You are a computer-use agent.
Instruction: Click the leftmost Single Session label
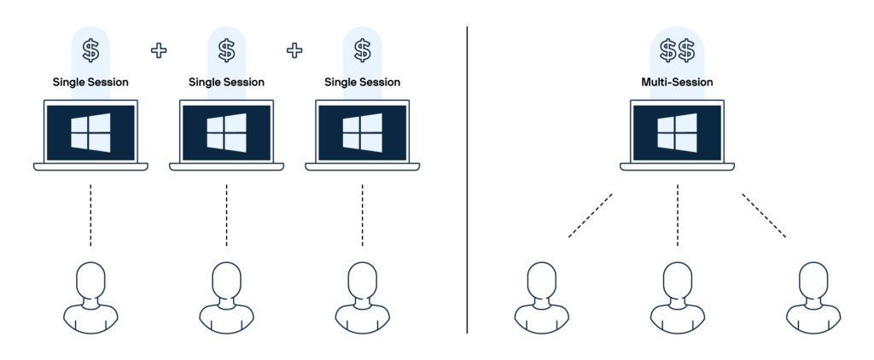(90, 83)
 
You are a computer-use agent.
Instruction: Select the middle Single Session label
(226, 83)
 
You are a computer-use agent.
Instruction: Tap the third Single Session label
(362, 83)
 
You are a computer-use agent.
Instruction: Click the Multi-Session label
(677, 83)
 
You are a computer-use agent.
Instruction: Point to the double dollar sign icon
(677, 51)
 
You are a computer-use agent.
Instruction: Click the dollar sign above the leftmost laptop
(90, 50)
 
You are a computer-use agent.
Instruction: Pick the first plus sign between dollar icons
(159, 50)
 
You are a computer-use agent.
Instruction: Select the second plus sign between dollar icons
(294, 50)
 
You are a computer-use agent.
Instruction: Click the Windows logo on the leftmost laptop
(90, 133)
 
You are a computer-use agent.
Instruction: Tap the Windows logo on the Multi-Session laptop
(677, 133)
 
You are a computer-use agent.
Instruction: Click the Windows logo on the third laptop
(362, 133)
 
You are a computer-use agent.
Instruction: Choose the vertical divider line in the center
(468, 179)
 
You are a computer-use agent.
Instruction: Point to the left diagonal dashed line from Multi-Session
(590, 216)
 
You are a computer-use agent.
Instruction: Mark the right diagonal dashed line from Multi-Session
(764, 216)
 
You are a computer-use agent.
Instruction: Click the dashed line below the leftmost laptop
(90, 215)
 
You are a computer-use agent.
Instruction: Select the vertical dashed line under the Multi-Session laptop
(677, 215)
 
